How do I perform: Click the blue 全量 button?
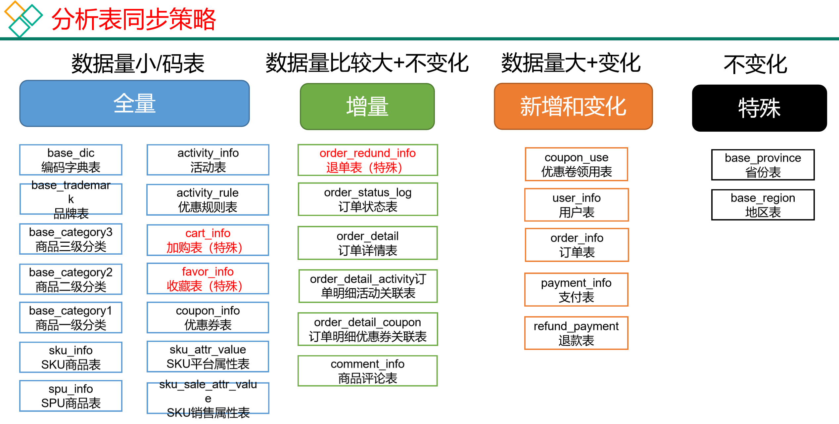pyautogui.click(x=134, y=103)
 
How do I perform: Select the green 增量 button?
pyautogui.click(x=367, y=106)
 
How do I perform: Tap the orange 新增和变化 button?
pyautogui.click(x=573, y=106)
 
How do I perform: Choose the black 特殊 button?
pyautogui.click(x=759, y=108)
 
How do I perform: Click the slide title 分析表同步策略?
pyautogui.click(x=134, y=19)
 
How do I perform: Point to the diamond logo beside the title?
pyautogui.click(x=23, y=19)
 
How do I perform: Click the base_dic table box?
pyautogui.click(x=71, y=160)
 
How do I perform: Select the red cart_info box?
pyautogui.click(x=208, y=240)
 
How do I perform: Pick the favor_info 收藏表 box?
pyautogui.click(x=208, y=278)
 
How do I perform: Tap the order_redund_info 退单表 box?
pyautogui.click(x=367, y=160)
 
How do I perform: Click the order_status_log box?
pyautogui.click(x=367, y=199)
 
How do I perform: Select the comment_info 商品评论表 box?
pyautogui.click(x=367, y=371)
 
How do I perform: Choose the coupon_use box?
pyautogui.click(x=576, y=164)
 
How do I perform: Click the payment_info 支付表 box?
pyautogui.click(x=576, y=290)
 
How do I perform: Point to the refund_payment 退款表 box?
pyautogui.click(x=576, y=333)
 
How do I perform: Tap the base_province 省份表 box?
pyautogui.click(x=763, y=165)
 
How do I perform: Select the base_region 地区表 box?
pyautogui.click(x=763, y=205)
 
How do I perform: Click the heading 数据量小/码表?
pyautogui.click(x=138, y=63)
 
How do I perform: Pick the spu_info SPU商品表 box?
pyautogui.click(x=71, y=396)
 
